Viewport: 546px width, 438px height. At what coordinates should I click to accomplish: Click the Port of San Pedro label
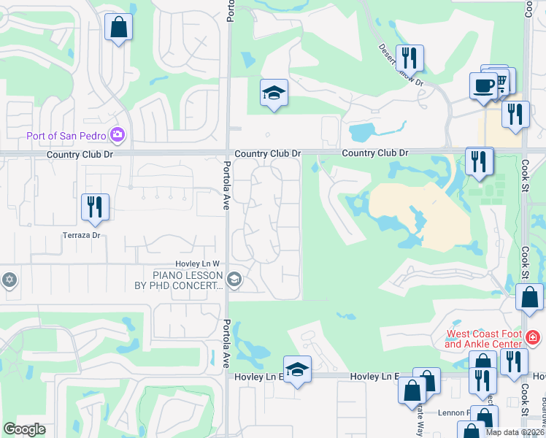(66, 135)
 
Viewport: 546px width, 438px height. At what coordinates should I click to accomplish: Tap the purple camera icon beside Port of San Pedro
(117, 135)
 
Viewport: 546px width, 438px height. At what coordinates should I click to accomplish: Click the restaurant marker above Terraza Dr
(95, 207)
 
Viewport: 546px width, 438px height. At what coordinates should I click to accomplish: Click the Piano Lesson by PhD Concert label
(187, 280)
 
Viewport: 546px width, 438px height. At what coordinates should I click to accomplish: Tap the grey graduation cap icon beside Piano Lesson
(234, 279)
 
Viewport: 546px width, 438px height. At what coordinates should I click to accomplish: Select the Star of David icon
(9, 280)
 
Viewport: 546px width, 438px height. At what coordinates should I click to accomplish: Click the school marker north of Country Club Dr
(274, 93)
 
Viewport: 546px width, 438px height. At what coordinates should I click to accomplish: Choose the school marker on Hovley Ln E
(297, 369)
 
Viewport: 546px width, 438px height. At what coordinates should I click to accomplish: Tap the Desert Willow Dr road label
(401, 65)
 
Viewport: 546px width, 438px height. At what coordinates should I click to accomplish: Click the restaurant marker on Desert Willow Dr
(410, 58)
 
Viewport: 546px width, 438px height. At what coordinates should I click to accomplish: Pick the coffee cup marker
(484, 85)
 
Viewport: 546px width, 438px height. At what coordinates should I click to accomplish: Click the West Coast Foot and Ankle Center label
(483, 339)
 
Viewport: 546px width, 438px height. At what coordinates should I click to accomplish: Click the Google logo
(24, 429)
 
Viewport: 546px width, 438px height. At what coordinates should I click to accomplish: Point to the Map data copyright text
(514, 432)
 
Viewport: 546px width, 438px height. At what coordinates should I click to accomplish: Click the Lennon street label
(453, 412)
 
